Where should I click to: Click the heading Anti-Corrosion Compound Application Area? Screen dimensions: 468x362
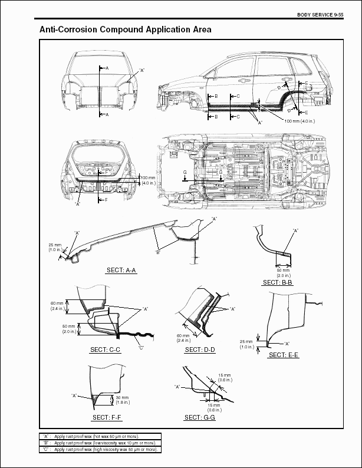point(126,29)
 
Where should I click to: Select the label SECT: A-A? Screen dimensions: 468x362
point(121,270)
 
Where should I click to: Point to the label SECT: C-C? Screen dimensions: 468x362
point(106,350)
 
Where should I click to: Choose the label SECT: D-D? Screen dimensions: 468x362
point(200,350)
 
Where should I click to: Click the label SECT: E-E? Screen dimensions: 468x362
point(284,355)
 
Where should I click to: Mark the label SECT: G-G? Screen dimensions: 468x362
point(200,417)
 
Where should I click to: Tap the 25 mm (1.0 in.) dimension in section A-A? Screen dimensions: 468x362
point(55,248)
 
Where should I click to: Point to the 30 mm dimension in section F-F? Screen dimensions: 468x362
point(122,400)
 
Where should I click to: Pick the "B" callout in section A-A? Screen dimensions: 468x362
point(157,252)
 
